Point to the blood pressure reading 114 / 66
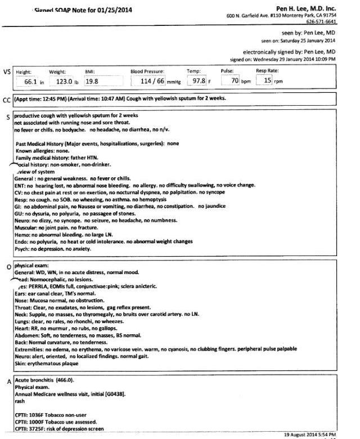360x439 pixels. click(x=152, y=82)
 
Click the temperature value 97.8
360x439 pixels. click(x=197, y=82)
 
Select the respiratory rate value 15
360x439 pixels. click(x=268, y=82)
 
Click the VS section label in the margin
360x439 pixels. click(x=7, y=73)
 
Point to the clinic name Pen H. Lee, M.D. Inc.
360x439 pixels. click(x=306, y=8)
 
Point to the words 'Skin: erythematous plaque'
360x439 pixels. click(x=46, y=364)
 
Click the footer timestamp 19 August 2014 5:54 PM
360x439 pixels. click(x=309, y=434)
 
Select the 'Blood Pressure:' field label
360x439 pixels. click(x=147, y=71)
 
